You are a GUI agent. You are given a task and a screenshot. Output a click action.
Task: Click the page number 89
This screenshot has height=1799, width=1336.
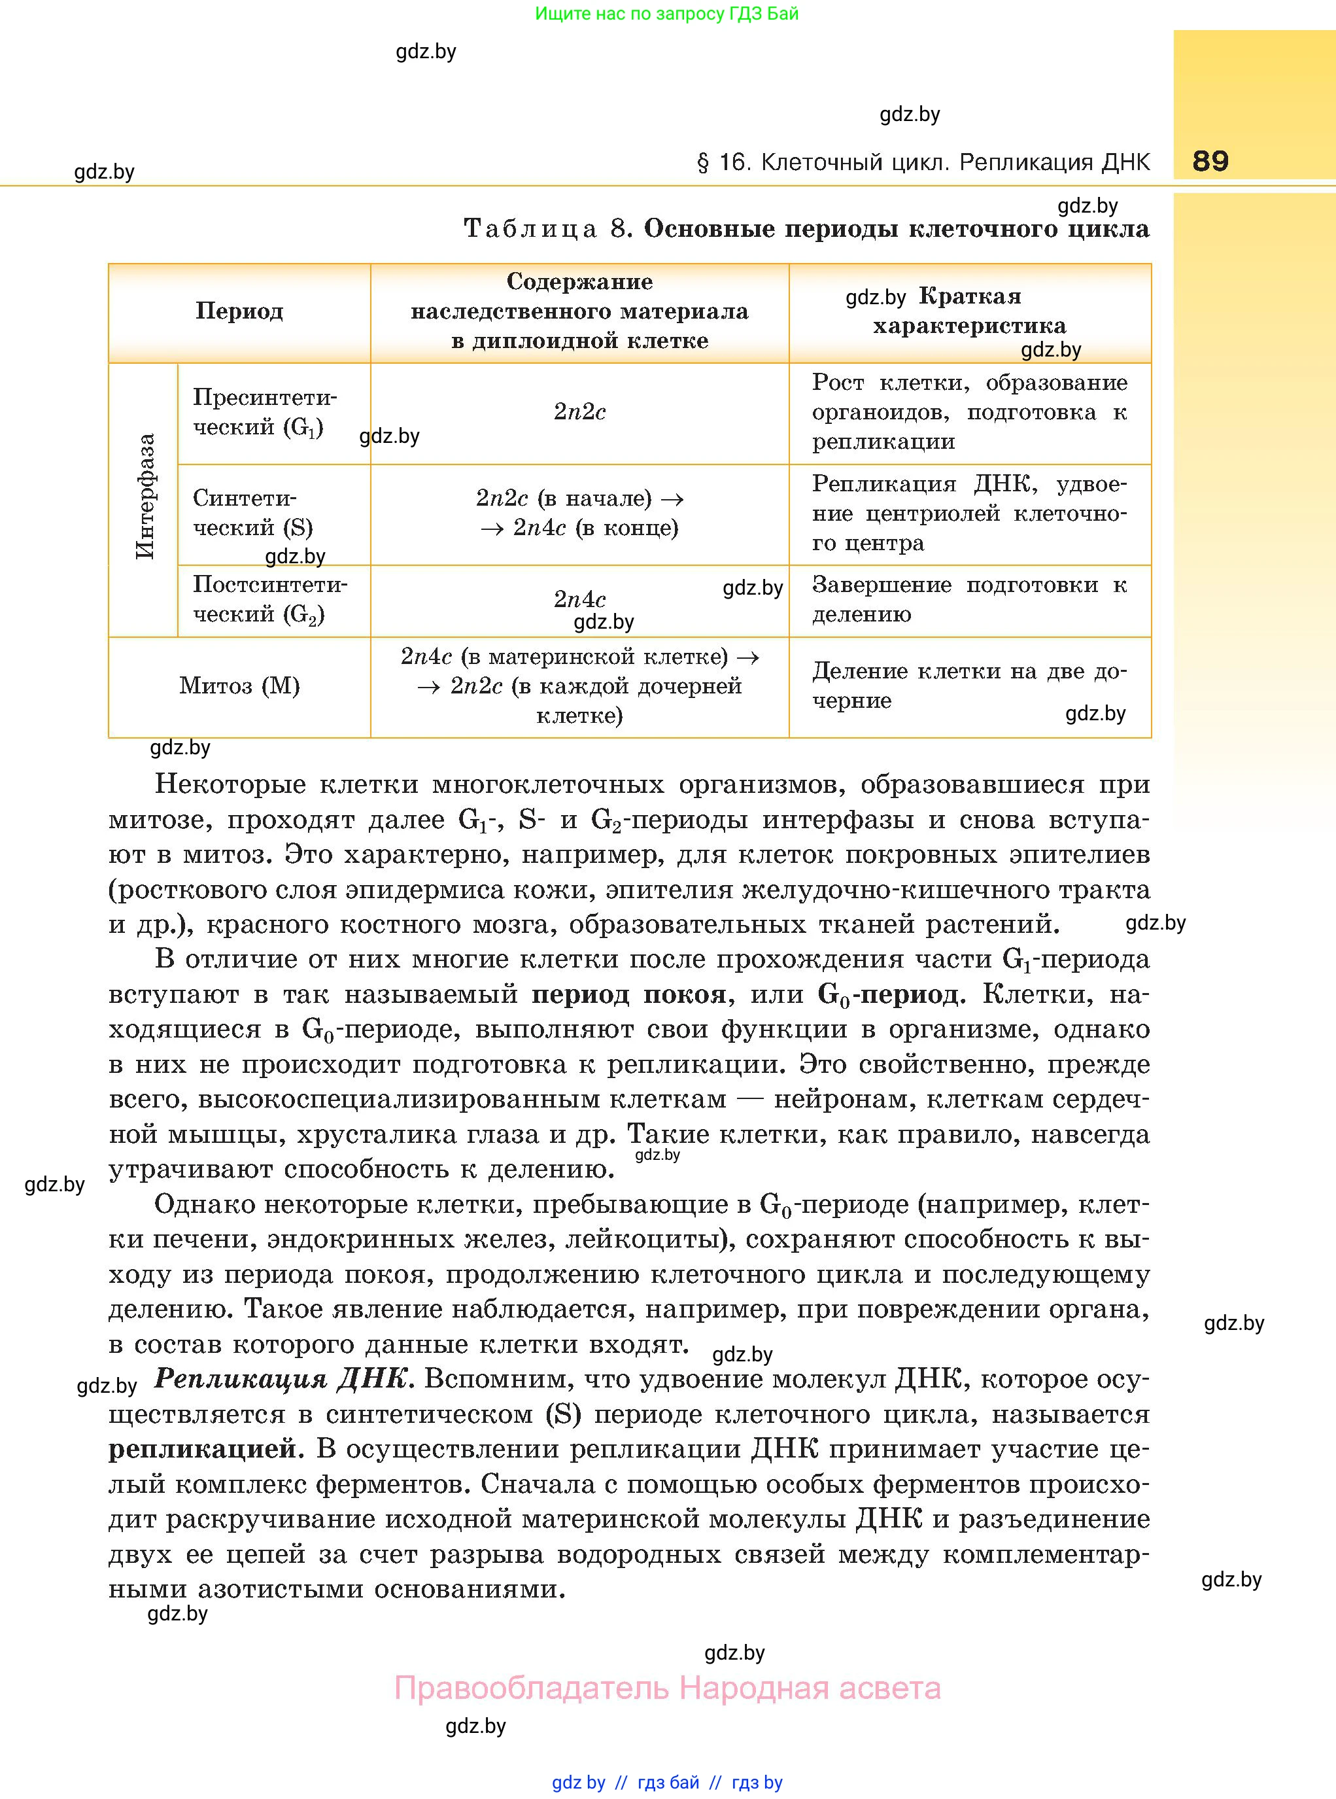pos(1210,161)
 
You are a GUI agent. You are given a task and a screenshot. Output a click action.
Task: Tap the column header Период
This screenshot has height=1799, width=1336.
pos(239,311)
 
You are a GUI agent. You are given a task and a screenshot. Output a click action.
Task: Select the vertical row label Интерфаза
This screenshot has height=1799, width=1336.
pos(145,497)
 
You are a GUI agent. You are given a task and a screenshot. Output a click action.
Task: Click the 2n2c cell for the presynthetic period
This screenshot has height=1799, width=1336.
pos(579,411)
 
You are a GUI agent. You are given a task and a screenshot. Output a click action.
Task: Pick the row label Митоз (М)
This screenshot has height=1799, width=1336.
pos(239,686)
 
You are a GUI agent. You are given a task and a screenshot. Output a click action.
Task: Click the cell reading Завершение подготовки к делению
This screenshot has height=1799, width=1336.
pos(969,599)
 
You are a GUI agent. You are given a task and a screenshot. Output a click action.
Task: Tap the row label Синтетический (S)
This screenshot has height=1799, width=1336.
pos(252,513)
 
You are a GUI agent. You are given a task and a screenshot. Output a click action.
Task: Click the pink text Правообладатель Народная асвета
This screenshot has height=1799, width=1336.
pos(667,1688)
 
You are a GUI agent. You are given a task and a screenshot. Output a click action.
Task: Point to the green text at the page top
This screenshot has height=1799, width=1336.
pos(666,14)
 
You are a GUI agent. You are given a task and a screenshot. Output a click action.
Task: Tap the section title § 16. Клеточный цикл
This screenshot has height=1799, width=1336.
pos(922,163)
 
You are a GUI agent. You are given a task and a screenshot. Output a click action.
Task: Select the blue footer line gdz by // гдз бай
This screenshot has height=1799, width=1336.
pos(666,1782)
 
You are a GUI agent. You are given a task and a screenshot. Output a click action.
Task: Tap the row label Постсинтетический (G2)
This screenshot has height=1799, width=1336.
pos(270,599)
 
